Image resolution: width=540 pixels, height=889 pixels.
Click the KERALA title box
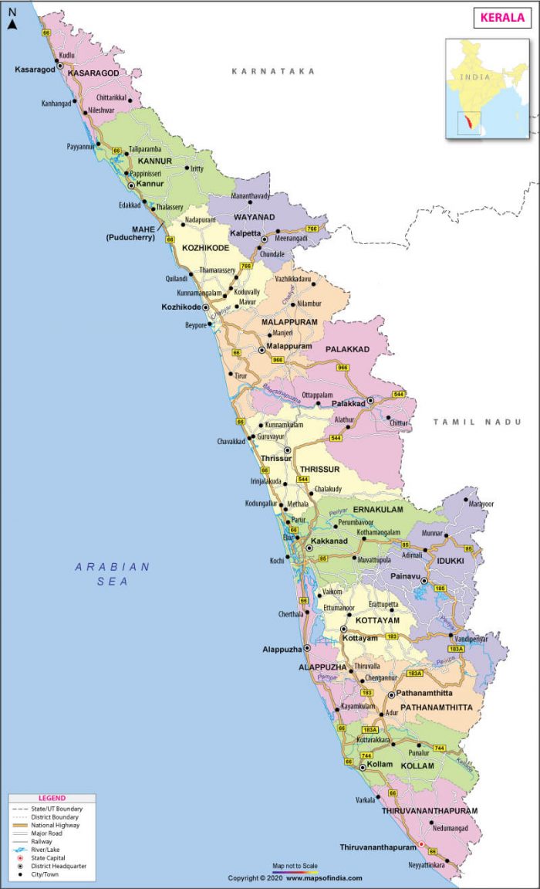[502, 17]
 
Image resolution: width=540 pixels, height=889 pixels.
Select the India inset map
[487, 88]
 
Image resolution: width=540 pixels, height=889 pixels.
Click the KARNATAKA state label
[274, 71]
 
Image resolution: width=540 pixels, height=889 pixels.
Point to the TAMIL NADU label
[477, 422]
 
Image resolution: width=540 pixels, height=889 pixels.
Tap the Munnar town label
[431, 533]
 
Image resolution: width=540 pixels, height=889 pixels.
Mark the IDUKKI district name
[451, 559]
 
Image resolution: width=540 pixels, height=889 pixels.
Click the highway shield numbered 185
[440, 589]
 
